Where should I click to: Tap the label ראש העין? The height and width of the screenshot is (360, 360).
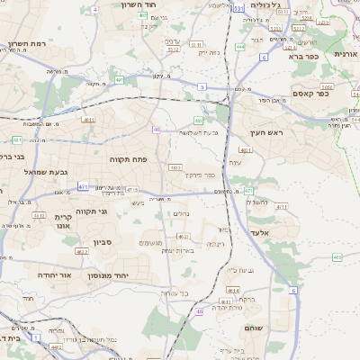coord(266,132)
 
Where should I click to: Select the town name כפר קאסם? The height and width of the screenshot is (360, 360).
coord(310,93)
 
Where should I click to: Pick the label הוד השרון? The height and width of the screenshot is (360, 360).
coord(139,4)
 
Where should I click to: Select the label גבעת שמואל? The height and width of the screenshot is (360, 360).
coord(47,171)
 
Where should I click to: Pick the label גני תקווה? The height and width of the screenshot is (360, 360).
coord(92,211)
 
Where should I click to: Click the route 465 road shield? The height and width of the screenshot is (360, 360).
coord(337,257)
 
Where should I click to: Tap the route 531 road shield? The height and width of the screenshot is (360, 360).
coord(238,7)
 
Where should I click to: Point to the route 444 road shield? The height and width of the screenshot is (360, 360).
coord(239,46)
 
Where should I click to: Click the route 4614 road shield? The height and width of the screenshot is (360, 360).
coord(233,291)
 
